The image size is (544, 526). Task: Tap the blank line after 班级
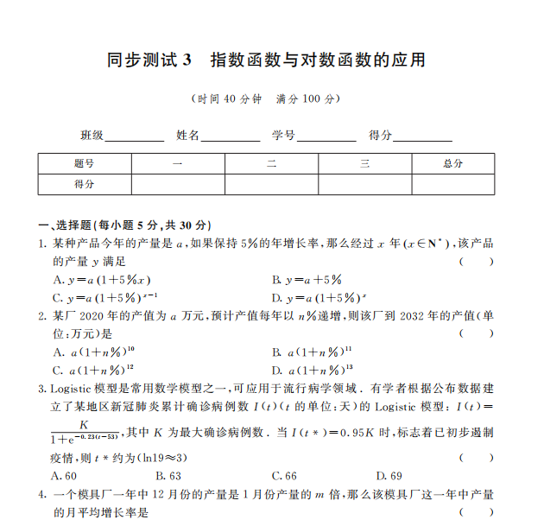point(135,136)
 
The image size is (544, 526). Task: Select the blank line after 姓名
point(231,136)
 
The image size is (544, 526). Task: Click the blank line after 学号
point(326,136)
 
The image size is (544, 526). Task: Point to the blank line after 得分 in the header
point(423,136)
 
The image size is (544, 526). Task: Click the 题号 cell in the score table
point(84,163)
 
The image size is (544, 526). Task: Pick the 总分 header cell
point(452,163)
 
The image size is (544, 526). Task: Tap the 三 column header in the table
point(364,163)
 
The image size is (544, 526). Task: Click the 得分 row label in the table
point(84,184)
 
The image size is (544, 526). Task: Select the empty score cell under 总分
point(452,184)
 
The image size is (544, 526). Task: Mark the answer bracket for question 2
point(477,333)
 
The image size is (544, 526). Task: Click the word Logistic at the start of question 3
point(74,389)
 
